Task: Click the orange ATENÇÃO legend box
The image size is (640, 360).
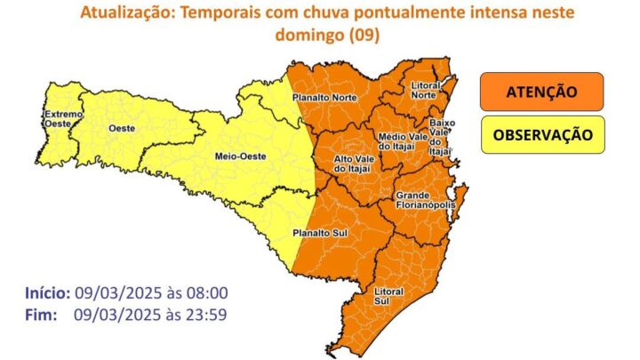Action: point(542,92)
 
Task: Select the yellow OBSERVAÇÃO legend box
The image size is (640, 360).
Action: point(542,135)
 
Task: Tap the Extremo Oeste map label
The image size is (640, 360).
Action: point(63,120)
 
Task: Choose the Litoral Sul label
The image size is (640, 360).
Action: point(389,296)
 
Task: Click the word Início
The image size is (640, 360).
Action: point(44,292)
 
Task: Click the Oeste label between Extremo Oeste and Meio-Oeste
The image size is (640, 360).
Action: point(121,128)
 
